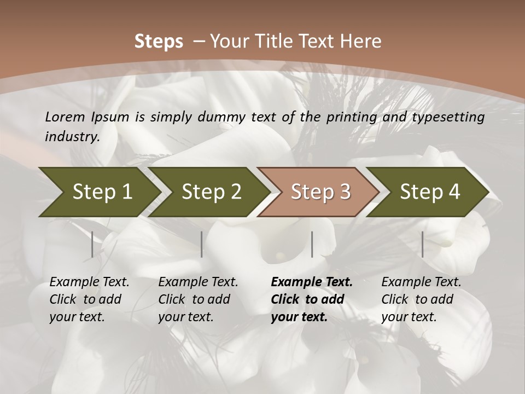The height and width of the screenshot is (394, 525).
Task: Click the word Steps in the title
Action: pyautogui.click(x=159, y=42)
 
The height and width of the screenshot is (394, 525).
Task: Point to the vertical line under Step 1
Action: pyautogui.click(x=92, y=244)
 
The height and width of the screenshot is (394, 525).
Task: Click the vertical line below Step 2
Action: pyautogui.click(x=202, y=244)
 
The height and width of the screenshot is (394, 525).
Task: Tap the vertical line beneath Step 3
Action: pyautogui.click(x=312, y=244)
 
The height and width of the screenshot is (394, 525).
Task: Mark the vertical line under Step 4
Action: pyautogui.click(x=422, y=244)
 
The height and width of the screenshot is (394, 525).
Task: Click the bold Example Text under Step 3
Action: pyautogui.click(x=311, y=299)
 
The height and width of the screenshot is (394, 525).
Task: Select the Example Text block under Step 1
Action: pyautogui.click(x=89, y=299)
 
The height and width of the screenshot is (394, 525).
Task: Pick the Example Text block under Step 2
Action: pyautogui.click(x=198, y=299)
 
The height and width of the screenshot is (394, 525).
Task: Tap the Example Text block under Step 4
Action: pyautogui.click(x=421, y=299)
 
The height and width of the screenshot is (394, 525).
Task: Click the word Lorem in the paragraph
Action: pyautogui.click(x=65, y=117)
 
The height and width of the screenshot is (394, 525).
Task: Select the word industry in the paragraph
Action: pyautogui.click(x=72, y=137)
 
